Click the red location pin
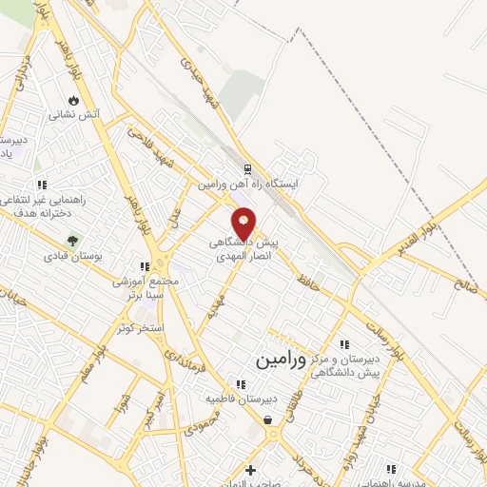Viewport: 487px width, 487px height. [244, 223]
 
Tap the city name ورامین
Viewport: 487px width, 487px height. [283, 360]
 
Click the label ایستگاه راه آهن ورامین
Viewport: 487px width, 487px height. [248, 184]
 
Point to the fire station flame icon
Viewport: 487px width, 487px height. [74, 101]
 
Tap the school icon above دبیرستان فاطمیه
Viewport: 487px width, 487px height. [241, 384]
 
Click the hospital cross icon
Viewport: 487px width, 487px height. [250, 469]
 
